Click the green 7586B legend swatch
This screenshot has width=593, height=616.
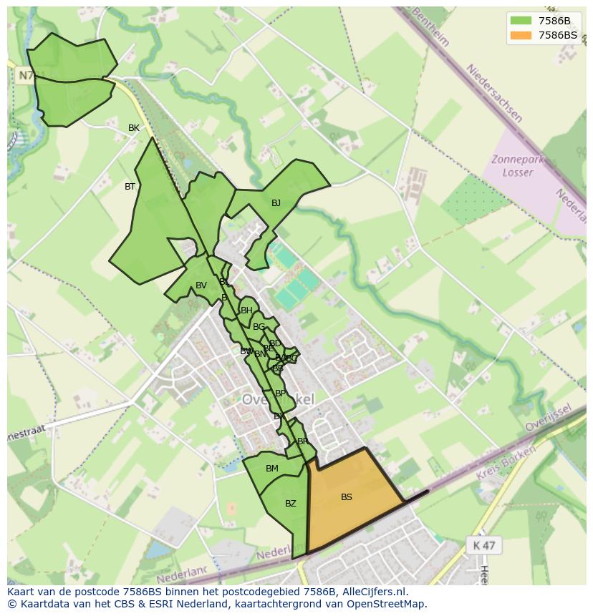pyautogui.click(x=521, y=21)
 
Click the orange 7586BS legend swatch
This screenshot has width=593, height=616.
pyautogui.click(x=521, y=35)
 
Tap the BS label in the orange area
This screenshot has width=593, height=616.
pyautogui.click(x=347, y=497)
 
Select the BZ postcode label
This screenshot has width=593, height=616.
pyautogui.click(x=290, y=504)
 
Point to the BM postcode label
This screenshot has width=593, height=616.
pyautogui.click(x=272, y=469)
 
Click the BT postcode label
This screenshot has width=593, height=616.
pyautogui.click(x=130, y=187)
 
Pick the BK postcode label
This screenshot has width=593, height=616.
pyautogui.click(x=134, y=128)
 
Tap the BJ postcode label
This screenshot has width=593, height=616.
pyautogui.click(x=276, y=203)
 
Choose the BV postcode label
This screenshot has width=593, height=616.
pyautogui.click(x=201, y=285)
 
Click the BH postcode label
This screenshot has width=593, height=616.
pyautogui.click(x=246, y=311)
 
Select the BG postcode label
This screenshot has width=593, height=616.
pyautogui.click(x=259, y=327)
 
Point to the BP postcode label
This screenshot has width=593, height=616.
pyautogui.click(x=280, y=393)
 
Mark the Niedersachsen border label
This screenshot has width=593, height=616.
pyautogui.click(x=494, y=93)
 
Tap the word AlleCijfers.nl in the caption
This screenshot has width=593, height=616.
pyautogui.click(x=372, y=592)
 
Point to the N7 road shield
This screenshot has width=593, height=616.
pyautogui.click(x=26, y=75)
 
